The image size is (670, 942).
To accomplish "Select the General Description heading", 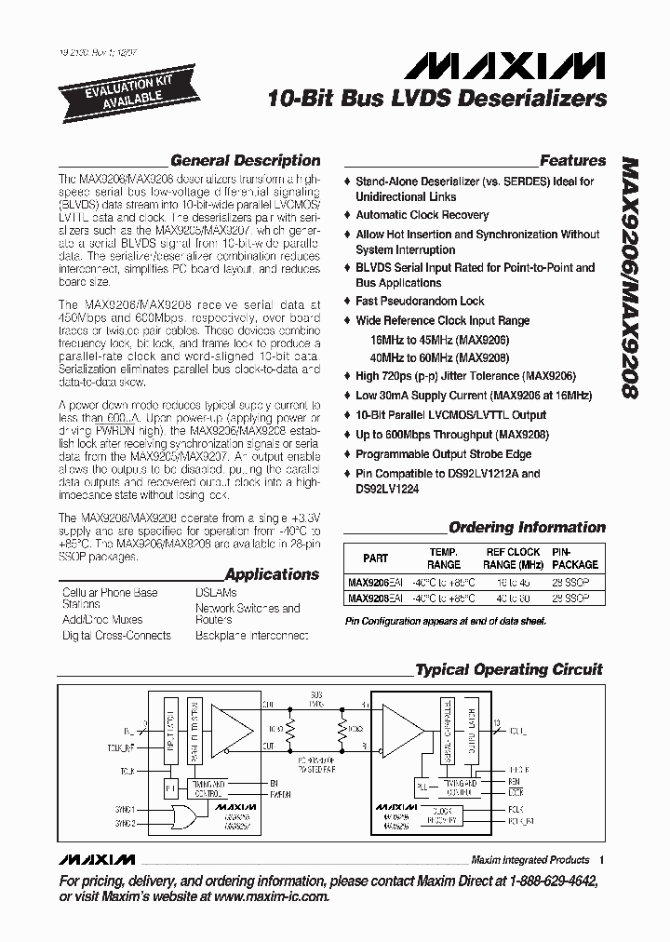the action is pyautogui.click(x=245, y=160).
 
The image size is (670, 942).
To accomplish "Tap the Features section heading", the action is pyautogui.click(x=572, y=160).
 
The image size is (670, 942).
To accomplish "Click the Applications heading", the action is pyautogui.click(x=272, y=574).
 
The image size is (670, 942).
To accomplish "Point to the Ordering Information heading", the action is pyautogui.click(x=527, y=527).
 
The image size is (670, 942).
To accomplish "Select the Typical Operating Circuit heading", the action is pyautogui.click(x=508, y=669).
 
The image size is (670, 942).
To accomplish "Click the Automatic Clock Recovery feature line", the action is pyautogui.click(x=422, y=215).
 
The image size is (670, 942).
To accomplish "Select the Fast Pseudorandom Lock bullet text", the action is pyautogui.click(x=420, y=302).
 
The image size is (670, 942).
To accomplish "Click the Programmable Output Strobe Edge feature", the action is pyautogui.click(x=443, y=454).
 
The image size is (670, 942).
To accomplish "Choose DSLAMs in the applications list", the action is pyautogui.click(x=216, y=592).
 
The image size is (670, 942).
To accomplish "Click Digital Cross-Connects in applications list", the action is pyautogui.click(x=116, y=635).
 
